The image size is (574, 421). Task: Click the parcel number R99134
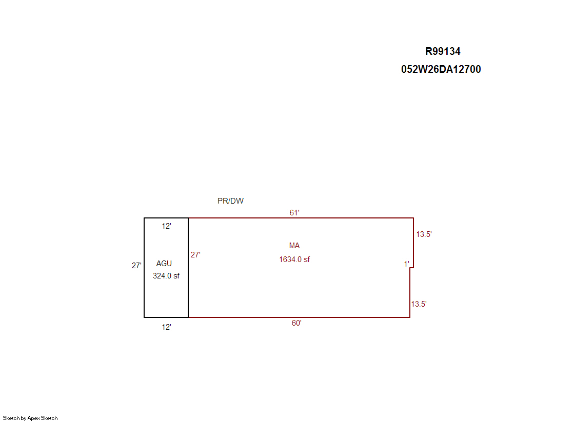[x=443, y=51]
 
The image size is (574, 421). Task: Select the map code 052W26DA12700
[x=441, y=69]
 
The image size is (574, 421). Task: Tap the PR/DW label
[x=230, y=201]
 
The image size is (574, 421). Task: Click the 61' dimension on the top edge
[x=294, y=213]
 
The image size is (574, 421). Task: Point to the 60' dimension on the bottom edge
[x=296, y=323]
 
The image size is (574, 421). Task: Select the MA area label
[x=294, y=246]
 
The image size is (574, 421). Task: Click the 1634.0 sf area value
[x=294, y=259]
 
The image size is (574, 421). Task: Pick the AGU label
[x=164, y=264]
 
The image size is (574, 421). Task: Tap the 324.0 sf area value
[x=166, y=276]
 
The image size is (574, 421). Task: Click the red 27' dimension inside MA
[x=195, y=255]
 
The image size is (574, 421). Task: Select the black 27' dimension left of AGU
[x=136, y=266]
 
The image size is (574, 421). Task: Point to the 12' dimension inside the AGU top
[x=167, y=226]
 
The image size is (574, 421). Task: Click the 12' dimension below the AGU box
[x=167, y=327]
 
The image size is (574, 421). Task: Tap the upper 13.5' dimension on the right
[x=424, y=234]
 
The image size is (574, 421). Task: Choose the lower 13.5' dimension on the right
[x=419, y=304]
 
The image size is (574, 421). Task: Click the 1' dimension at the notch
[x=406, y=264]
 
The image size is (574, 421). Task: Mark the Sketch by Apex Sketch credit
[x=30, y=418]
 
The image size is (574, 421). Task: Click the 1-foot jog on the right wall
[x=411, y=268]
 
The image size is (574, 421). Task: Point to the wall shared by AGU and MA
[x=188, y=268]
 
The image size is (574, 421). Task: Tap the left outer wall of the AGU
[x=144, y=268]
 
